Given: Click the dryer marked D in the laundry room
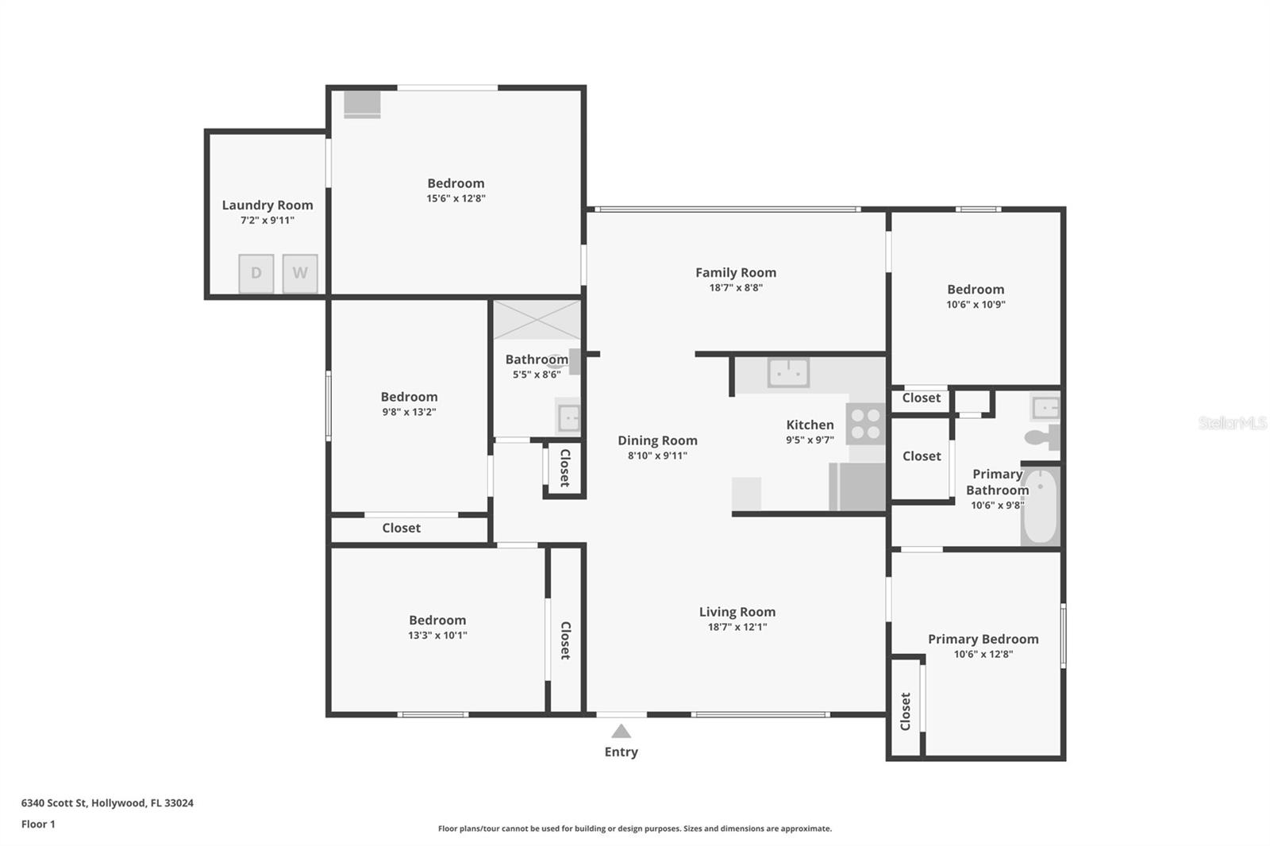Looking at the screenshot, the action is click(256, 273).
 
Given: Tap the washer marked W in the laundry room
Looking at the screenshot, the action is click(300, 273).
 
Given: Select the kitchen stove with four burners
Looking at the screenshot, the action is click(866, 424).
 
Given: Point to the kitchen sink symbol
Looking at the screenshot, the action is click(788, 372).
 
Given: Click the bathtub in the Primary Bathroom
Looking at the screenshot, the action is click(1041, 506).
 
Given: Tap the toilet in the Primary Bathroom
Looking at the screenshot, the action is click(1042, 437).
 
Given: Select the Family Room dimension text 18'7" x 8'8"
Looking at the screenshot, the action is click(736, 287).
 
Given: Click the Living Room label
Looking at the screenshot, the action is click(737, 612).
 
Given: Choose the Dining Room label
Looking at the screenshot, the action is click(658, 440).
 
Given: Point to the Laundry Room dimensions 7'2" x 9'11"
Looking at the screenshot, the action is click(267, 220).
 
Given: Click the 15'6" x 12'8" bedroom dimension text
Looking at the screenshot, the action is click(456, 198).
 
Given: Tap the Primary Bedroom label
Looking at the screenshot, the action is click(983, 639).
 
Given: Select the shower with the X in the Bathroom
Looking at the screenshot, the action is click(537, 320).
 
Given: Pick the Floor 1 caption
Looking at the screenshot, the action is click(38, 825).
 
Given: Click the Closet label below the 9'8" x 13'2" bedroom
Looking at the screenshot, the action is click(402, 528).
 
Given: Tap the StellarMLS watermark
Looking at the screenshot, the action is click(1232, 422).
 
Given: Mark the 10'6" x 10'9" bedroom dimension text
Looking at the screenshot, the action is click(976, 305).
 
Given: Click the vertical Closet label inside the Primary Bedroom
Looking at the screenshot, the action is click(906, 711).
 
